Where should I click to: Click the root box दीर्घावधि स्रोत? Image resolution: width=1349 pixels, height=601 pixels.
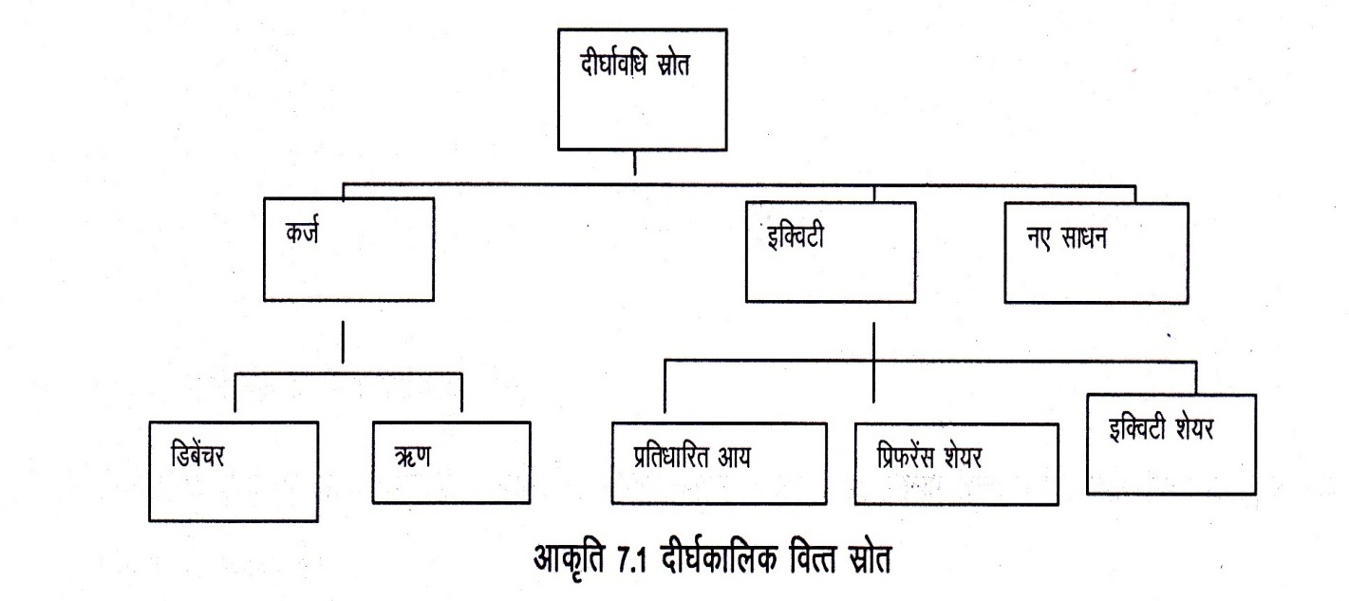(x=635, y=90)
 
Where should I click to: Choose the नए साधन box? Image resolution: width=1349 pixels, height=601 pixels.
(x=1095, y=252)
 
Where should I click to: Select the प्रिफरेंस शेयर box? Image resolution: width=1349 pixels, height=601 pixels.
(x=955, y=461)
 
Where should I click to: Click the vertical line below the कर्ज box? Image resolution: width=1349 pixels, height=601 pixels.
(x=343, y=343)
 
